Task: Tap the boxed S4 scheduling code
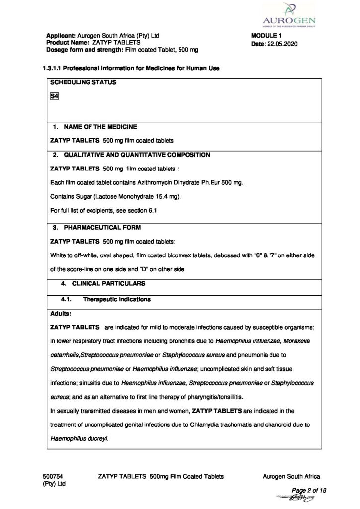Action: (x=55, y=97)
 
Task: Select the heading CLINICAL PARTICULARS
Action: (x=109, y=283)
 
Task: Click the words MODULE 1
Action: (x=268, y=36)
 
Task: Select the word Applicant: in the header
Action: (x=61, y=36)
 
